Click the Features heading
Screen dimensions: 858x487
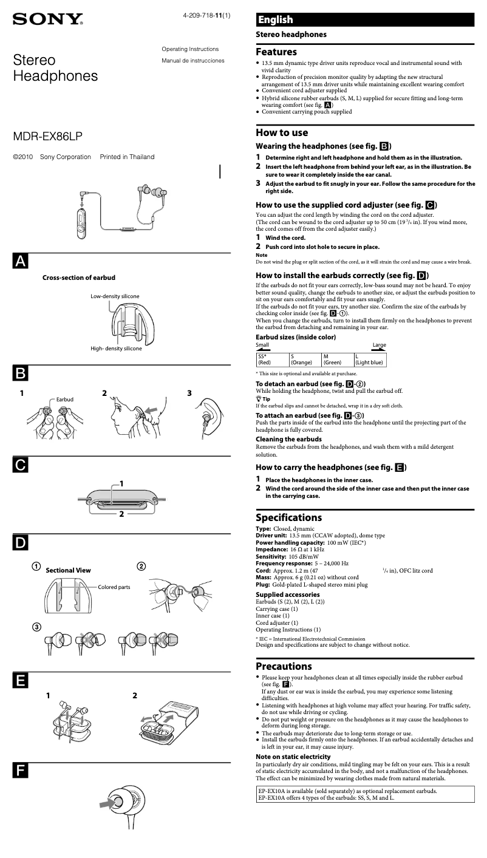(x=276, y=52)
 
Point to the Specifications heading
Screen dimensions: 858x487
(x=288, y=518)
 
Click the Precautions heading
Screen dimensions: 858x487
(x=284, y=666)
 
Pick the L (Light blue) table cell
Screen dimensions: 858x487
(x=369, y=359)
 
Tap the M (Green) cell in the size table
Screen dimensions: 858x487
(x=337, y=359)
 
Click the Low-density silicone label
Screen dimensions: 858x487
(x=115, y=296)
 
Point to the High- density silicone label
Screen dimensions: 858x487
(x=116, y=349)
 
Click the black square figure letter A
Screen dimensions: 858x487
(x=20, y=261)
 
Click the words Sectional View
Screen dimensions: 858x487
(x=68, y=570)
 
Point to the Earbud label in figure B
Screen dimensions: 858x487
(x=64, y=399)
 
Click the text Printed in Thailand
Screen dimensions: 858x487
(x=127, y=157)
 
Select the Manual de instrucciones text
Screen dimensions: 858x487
(x=192, y=61)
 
